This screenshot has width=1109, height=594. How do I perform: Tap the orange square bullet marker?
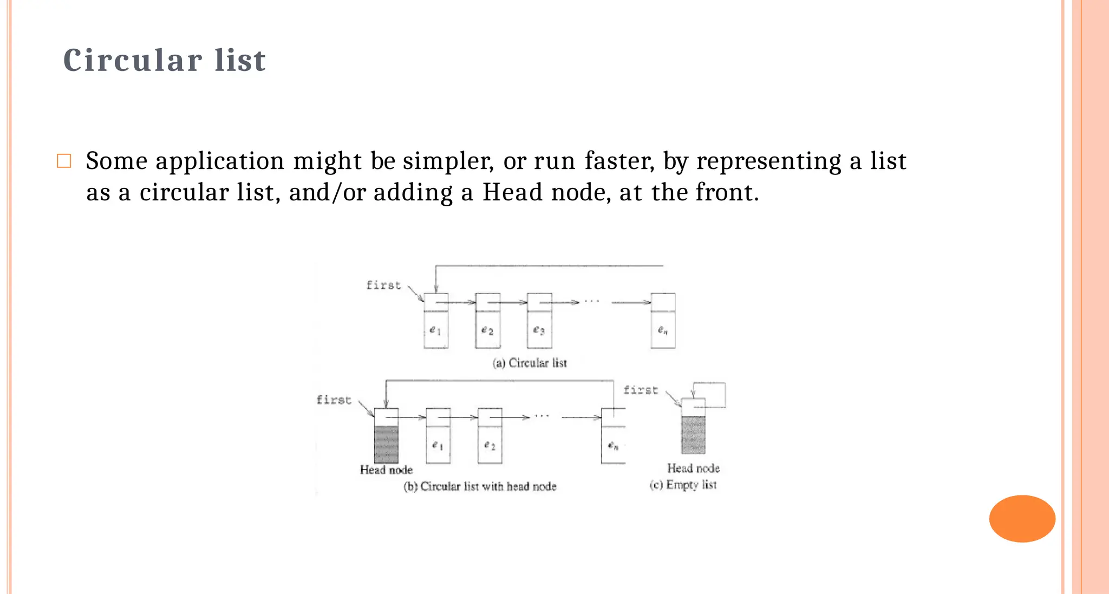pyautogui.click(x=64, y=161)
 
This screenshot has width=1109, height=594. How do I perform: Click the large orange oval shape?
pyautogui.click(x=1022, y=518)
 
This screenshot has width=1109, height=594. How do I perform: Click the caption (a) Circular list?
pyautogui.click(x=529, y=363)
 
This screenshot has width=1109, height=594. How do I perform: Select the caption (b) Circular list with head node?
pyautogui.click(x=480, y=486)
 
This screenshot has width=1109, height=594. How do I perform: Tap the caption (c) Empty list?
pyautogui.click(x=683, y=485)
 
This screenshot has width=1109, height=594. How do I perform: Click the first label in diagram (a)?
pyautogui.click(x=383, y=285)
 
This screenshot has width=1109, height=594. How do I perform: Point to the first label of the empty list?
pyautogui.click(x=641, y=390)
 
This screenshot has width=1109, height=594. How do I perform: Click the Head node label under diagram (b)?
pyautogui.click(x=386, y=469)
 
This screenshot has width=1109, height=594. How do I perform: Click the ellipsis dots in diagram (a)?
pyautogui.click(x=592, y=301)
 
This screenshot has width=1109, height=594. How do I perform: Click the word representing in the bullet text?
pyautogui.click(x=768, y=161)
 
